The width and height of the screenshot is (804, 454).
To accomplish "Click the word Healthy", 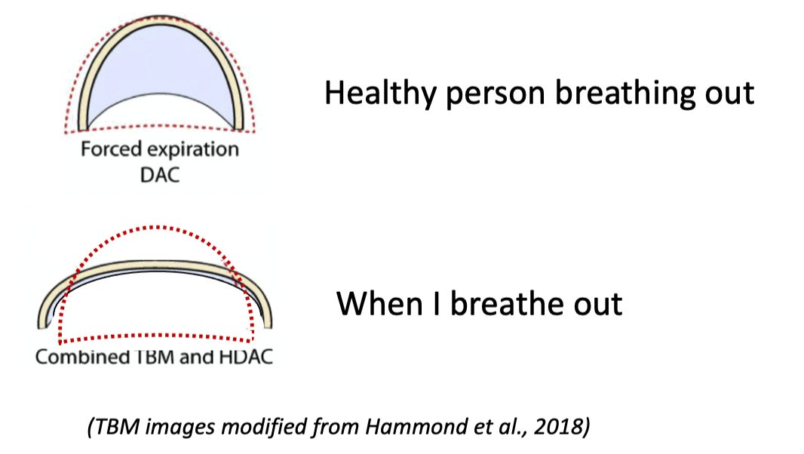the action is [x=380, y=94].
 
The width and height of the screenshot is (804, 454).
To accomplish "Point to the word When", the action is [x=379, y=303].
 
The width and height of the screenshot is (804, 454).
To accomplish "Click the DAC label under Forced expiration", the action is [x=160, y=175].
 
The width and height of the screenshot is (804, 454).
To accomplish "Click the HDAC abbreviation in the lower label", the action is [x=246, y=357].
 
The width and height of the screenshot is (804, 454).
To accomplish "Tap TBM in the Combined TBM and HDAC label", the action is [x=155, y=357].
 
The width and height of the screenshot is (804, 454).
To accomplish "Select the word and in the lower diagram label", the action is [x=197, y=357].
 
